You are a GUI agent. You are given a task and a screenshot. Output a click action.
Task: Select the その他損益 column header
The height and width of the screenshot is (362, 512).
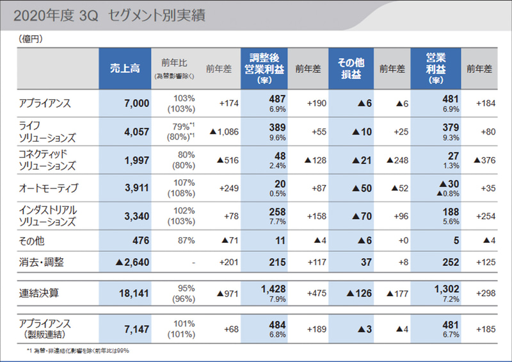click(350, 69)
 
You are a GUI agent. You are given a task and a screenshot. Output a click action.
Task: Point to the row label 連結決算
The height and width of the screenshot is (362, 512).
click(38, 292)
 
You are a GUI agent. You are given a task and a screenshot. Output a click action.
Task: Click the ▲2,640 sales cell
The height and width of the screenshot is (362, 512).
click(132, 262)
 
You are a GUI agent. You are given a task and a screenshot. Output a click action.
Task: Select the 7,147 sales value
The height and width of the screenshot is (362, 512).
click(136, 329)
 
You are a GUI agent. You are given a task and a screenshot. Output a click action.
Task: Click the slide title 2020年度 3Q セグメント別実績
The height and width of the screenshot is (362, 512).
click(109, 16)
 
